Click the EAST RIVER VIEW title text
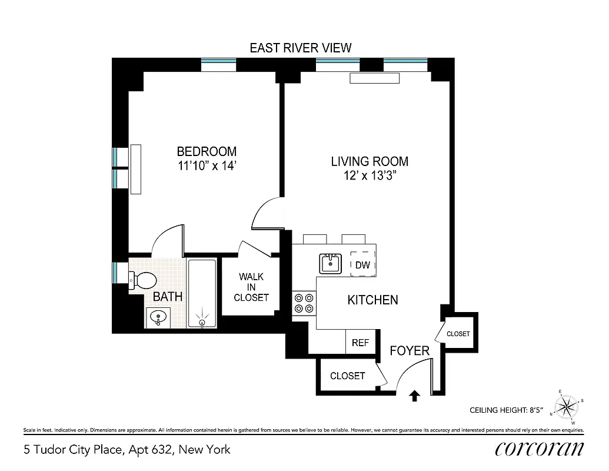click(x=300, y=48)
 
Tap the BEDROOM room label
click(x=207, y=152)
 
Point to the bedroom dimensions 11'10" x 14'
click(x=207, y=166)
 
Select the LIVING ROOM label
click(x=369, y=161)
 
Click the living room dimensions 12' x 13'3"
click(x=369, y=175)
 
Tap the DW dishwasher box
click(x=363, y=265)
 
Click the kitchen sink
click(x=331, y=263)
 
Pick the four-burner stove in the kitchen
click(x=304, y=303)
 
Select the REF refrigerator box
click(x=360, y=343)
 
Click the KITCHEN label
click(x=372, y=300)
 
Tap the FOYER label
click(x=410, y=351)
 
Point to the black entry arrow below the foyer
click(x=414, y=396)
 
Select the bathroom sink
click(x=158, y=318)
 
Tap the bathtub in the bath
click(x=202, y=293)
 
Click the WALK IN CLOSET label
click(x=251, y=287)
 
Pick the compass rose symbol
click(x=567, y=406)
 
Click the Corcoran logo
click(x=540, y=449)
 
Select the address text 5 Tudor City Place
click(x=127, y=450)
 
